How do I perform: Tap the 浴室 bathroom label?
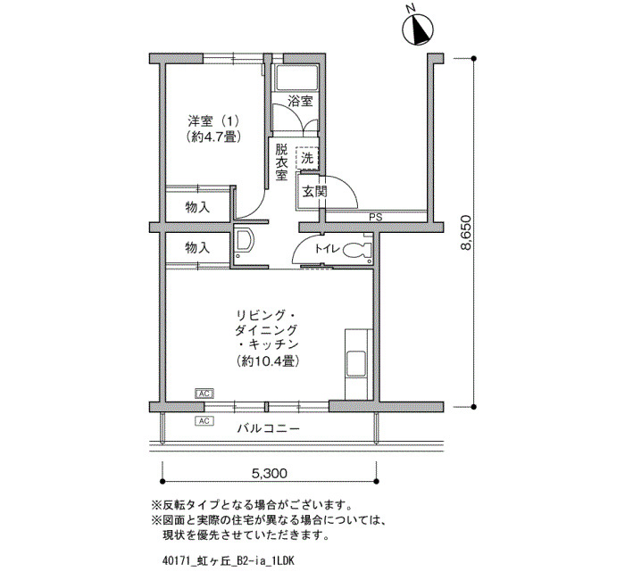tap(300, 101)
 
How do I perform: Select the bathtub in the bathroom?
tap(296, 79)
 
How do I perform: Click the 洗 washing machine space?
tap(307, 158)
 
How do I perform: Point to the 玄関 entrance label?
tap(314, 192)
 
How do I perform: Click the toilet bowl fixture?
tap(357, 250)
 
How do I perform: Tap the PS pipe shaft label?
tap(376, 218)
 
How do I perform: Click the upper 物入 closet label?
tap(197, 207)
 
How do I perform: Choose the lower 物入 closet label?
tap(197, 248)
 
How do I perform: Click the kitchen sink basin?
tap(356, 363)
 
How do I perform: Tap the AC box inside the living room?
tap(204, 394)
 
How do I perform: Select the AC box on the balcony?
tap(204, 420)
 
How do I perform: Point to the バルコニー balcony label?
tap(268, 428)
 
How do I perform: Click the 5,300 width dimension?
tap(270, 473)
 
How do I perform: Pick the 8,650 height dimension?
tap(465, 233)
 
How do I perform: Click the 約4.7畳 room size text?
tap(213, 137)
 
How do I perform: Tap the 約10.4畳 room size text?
tap(268, 361)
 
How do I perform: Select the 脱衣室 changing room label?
tap(281, 162)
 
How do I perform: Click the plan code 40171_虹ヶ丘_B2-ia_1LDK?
tap(229, 561)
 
